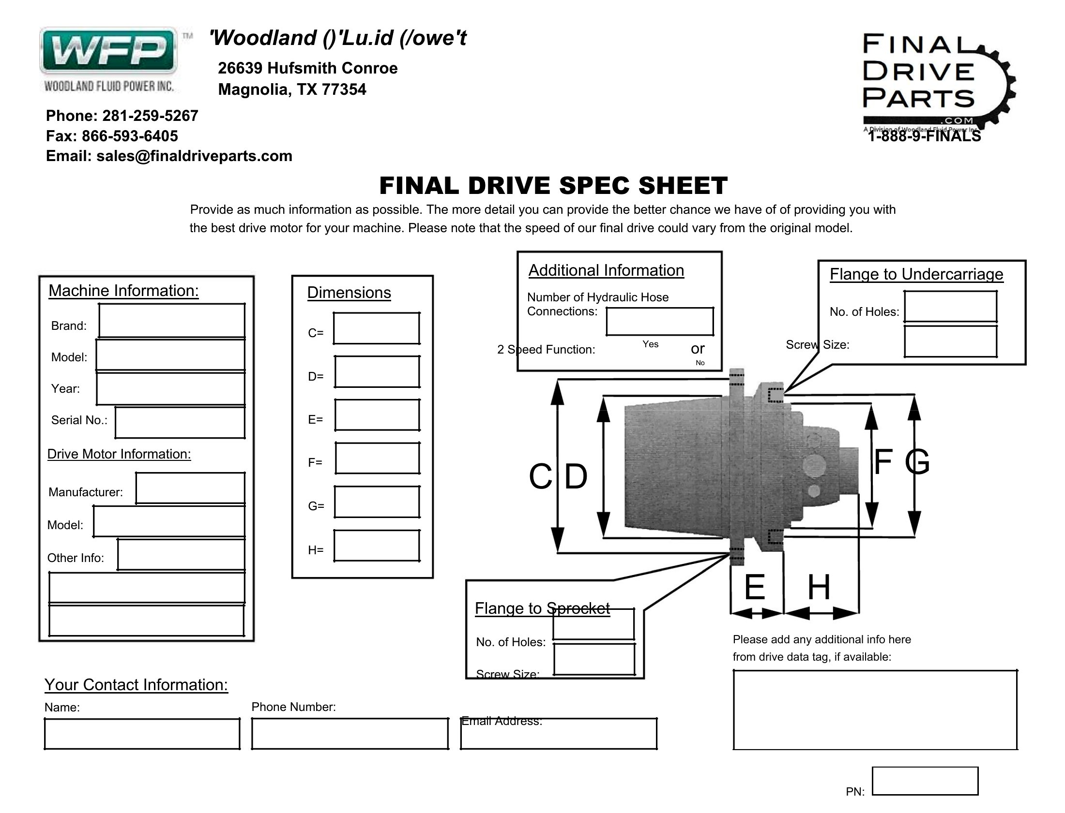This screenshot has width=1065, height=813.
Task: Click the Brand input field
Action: [171, 320]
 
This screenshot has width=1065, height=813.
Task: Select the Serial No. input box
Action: [180, 423]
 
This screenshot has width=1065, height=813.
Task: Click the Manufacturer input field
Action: [190, 488]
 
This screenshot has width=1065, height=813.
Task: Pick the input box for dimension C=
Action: [376, 328]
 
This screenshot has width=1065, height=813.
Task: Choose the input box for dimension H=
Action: [376, 546]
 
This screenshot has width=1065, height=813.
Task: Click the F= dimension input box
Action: [377, 458]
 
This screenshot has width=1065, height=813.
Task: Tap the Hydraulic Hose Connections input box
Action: [660, 321]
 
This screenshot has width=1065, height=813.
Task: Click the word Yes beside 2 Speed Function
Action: [651, 344]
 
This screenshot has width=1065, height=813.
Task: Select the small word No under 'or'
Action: [700, 363]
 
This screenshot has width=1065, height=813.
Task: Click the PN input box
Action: [925, 781]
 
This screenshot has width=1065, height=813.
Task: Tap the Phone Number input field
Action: [350, 734]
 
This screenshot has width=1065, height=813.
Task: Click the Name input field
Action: [142, 734]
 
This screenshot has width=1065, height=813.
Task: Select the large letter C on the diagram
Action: [540, 476]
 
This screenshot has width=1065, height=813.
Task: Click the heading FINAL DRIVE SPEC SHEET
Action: [553, 186]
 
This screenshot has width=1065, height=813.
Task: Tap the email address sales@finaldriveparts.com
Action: [194, 156]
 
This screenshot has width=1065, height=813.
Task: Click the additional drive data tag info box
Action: [875, 710]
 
